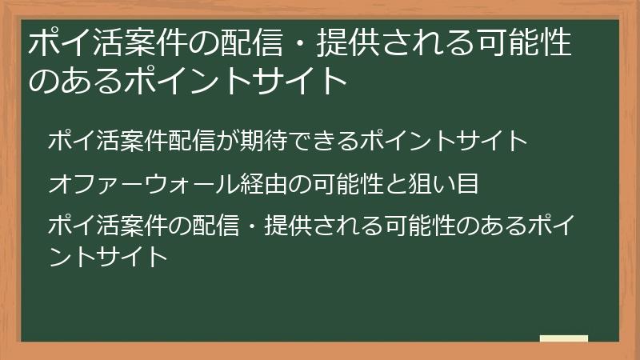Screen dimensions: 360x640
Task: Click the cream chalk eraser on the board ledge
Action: coord(564,338)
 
